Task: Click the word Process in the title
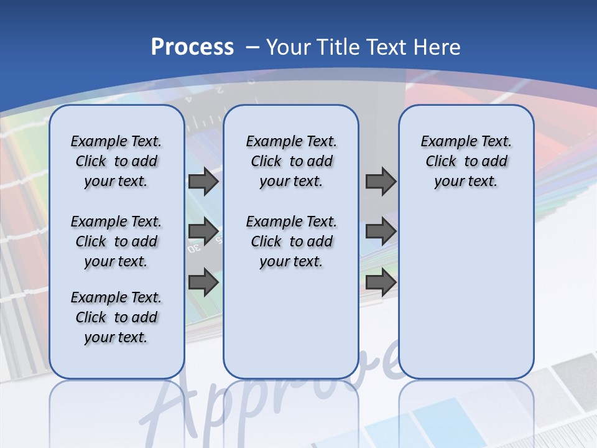click(192, 47)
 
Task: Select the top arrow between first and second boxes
click(203, 182)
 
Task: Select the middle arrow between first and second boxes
click(203, 231)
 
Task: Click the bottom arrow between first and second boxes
click(203, 282)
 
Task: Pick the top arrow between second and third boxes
click(381, 182)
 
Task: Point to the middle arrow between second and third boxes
click(381, 231)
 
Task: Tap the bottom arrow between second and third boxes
click(381, 282)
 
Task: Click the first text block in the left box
click(116, 161)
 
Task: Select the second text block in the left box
click(116, 241)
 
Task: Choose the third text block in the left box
click(116, 317)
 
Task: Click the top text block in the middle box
click(291, 161)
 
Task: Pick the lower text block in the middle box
click(291, 241)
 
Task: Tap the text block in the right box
click(466, 161)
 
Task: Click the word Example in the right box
click(445, 142)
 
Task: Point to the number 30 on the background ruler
click(194, 248)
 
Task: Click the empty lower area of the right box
click(466, 299)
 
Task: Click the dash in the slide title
click(252, 47)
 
